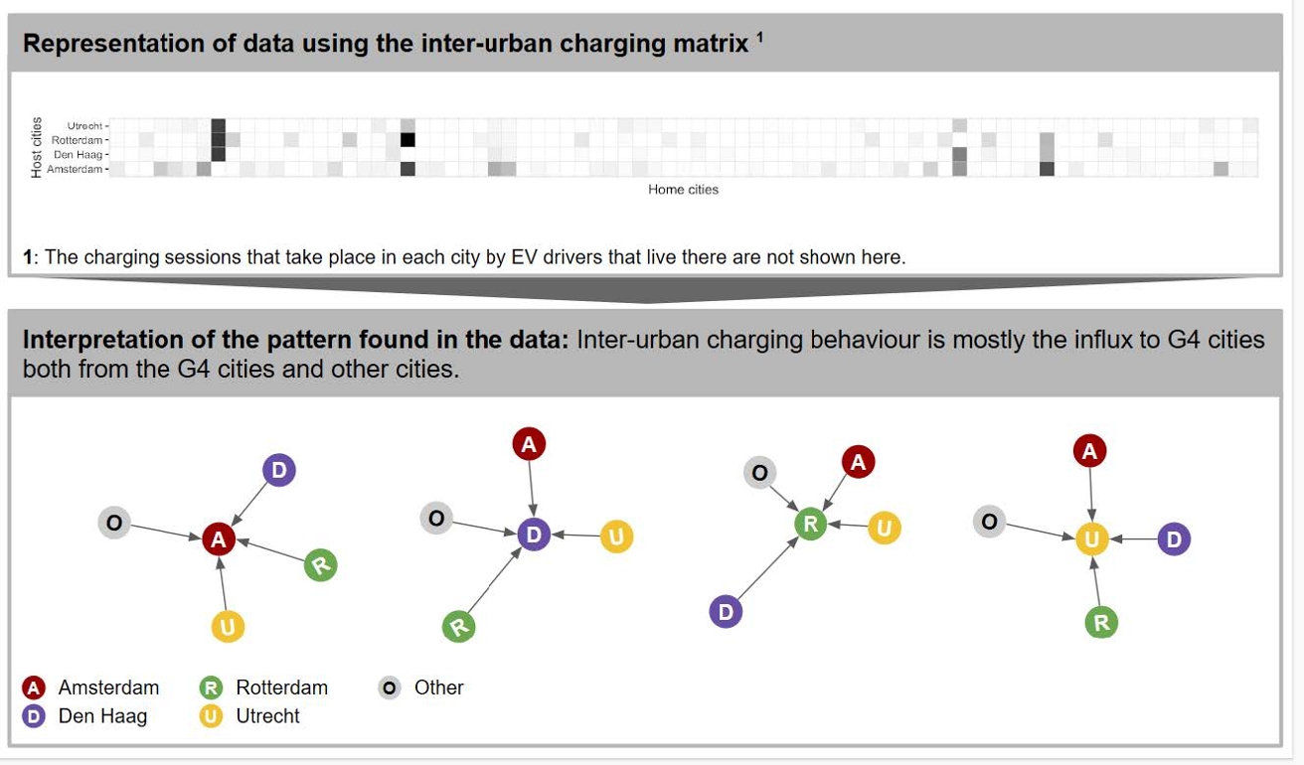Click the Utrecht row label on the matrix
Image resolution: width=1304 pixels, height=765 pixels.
[x=84, y=125]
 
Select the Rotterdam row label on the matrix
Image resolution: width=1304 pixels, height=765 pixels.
[x=77, y=140]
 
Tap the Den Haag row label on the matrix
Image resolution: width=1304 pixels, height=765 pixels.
[x=78, y=155]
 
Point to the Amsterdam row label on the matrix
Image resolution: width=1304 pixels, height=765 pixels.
[x=75, y=169]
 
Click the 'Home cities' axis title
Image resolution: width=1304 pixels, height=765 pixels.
[x=683, y=190]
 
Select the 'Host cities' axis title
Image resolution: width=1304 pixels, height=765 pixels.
[x=36, y=147]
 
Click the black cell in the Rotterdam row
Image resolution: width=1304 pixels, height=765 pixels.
[x=407, y=140]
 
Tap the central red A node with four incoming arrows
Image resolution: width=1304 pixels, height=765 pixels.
[x=219, y=539]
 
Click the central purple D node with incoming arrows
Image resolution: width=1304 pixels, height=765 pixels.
[x=534, y=535]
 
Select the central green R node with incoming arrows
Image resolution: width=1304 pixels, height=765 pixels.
[x=810, y=524]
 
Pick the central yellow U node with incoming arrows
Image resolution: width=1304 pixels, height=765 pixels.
[x=1091, y=539]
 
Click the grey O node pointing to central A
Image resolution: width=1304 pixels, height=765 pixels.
[x=114, y=523]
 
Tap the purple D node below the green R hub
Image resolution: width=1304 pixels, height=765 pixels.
[x=726, y=612]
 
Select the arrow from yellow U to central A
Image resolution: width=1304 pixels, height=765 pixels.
[x=223, y=583]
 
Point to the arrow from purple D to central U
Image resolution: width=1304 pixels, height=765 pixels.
[x=1134, y=539]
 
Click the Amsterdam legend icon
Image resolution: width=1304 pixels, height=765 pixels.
[x=34, y=688]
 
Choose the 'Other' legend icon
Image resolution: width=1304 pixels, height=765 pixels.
[x=389, y=688]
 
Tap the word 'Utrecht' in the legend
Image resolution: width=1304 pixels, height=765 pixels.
[x=267, y=716]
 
